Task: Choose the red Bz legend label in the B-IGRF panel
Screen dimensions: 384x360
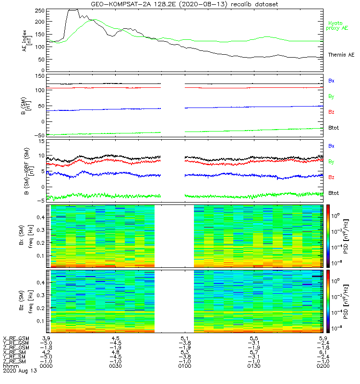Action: [x=331, y=178]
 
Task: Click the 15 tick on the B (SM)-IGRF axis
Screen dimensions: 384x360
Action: [x=41, y=142]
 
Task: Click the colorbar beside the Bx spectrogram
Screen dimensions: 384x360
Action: [x=328, y=235]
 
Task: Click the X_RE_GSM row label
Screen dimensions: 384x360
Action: [x=16, y=338]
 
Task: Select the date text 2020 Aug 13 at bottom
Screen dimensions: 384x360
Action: [x=20, y=371]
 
